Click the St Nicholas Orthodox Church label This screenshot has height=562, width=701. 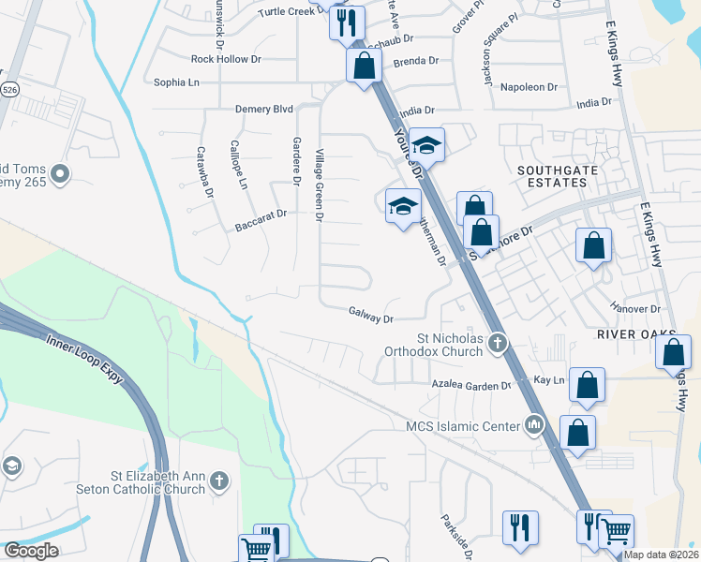pyautogui.click(x=446, y=345)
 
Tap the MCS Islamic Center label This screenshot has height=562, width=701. pyautogui.click(x=462, y=427)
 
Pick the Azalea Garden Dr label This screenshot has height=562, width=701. pyautogui.click(x=470, y=385)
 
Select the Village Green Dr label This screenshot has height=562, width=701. pyautogui.click(x=320, y=185)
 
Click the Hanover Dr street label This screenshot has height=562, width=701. pyautogui.click(x=636, y=308)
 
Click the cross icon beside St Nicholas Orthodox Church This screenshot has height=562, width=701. pyautogui.click(x=498, y=345)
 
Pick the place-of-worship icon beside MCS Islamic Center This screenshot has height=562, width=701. pyautogui.click(x=534, y=426)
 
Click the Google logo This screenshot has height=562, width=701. pyautogui.click(x=31, y=551)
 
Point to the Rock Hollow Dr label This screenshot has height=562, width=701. pyautogui.click(x=220, y=59)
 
